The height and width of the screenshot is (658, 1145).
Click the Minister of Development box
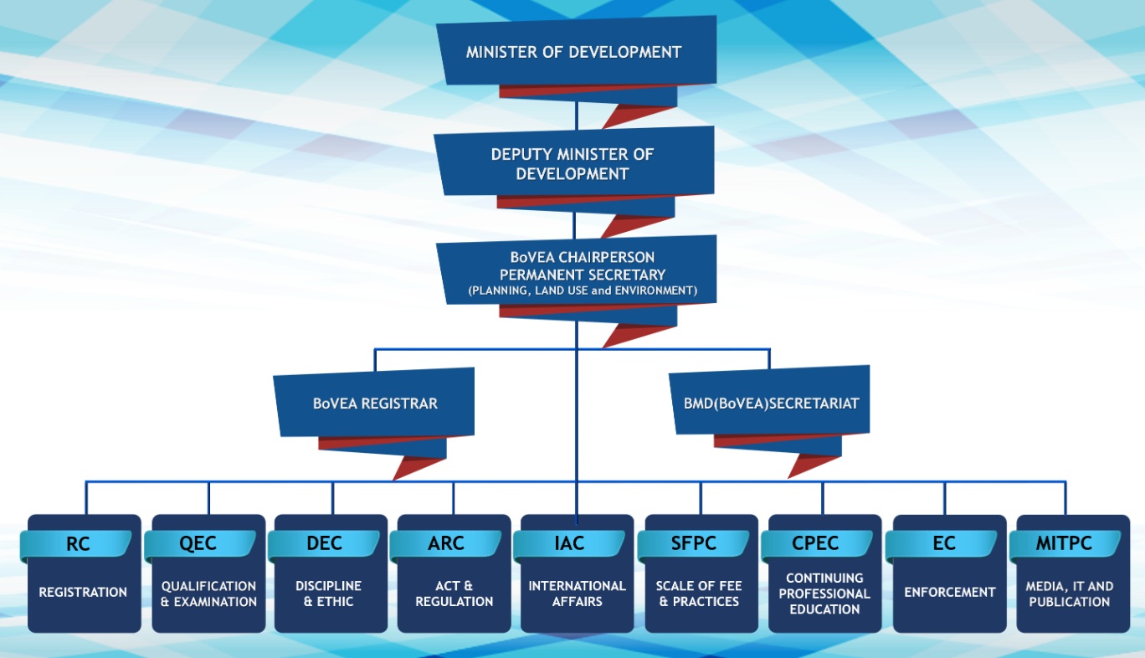tap(574, 52)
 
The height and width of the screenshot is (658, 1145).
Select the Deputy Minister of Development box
tap(573, 164)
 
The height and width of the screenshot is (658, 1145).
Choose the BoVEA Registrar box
tap(375, 403)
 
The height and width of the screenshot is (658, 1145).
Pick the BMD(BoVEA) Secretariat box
tap(771, 403)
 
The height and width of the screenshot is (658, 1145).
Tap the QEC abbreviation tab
tap(198, 544)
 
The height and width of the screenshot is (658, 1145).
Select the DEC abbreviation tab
tap(324, 544)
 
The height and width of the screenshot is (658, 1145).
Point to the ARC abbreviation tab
tap(445, 544)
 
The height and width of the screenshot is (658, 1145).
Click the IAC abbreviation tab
tap(569, 544)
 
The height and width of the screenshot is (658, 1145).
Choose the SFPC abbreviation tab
tap(693, 544)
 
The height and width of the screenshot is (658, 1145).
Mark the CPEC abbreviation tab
tap(817, 544)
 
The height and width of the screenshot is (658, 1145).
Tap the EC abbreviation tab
tap(943, 544)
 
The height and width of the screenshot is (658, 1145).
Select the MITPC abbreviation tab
tap(1064, 544)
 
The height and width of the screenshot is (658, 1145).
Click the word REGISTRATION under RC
tap(83, 593)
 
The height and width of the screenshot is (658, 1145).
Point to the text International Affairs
tap(577, 594)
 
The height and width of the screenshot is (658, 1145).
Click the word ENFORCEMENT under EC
tap(950, 593)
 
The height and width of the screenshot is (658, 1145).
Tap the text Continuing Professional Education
tap(824, 594)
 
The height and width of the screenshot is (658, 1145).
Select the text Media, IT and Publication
tap(1070, 594)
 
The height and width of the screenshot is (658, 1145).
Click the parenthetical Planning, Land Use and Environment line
tap(583, 291)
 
